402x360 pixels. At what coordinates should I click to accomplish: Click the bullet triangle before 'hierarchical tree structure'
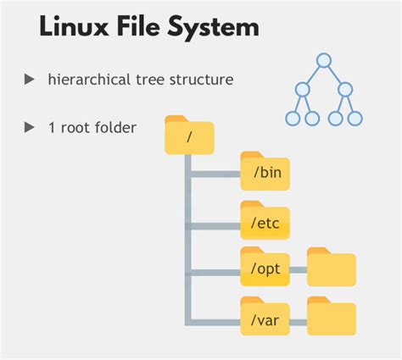click(30, 80)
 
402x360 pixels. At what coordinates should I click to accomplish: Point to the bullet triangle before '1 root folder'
click(30, 127)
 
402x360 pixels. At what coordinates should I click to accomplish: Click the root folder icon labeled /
click(189, 136)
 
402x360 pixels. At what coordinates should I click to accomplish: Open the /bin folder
click(265, 172)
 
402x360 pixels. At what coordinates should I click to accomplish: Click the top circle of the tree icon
click(323, 60)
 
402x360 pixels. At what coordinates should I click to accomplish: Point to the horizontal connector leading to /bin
click(214, 176)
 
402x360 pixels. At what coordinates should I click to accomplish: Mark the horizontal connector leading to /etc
click(214, 225)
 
